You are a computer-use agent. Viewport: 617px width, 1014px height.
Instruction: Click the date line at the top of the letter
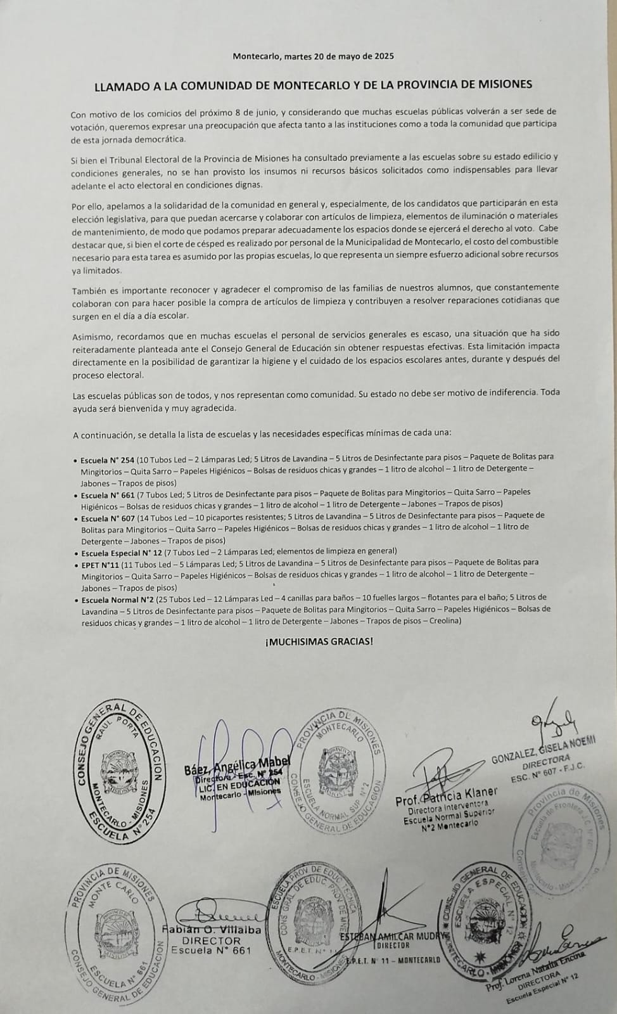[x=313, y=56]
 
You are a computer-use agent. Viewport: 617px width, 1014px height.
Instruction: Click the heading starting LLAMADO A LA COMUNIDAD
[x=313, y=84]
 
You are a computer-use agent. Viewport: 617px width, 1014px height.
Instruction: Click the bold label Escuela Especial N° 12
[x=121, y=552]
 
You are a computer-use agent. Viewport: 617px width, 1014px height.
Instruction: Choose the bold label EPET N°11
[x=100, y=563]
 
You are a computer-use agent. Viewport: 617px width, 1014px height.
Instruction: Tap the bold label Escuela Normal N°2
[x=118, y=598]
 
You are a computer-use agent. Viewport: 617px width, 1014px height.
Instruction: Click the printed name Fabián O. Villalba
[x=212, y=929]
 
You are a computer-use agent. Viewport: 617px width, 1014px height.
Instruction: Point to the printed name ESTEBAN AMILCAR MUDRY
[x=394, y=936]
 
